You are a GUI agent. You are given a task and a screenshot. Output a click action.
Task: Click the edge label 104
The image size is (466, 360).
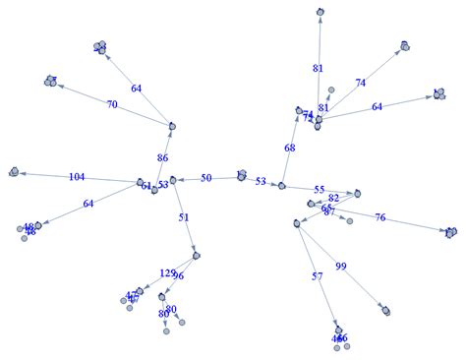tap(77, 177)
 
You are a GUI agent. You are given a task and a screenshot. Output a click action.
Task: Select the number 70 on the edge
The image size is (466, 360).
tap(112, 104)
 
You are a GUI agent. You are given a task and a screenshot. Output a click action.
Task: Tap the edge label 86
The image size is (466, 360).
tap(163, 156)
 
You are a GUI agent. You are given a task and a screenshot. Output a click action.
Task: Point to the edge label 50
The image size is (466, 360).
tap(206, 178)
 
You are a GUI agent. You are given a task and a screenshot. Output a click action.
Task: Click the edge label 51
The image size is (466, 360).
tap(184, 217)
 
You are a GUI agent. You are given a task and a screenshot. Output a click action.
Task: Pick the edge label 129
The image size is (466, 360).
tap(167, 272)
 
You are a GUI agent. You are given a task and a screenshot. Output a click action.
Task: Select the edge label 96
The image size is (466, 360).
tap(178, 276)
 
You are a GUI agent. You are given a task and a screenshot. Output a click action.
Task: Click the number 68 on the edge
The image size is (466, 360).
tap(289, 149)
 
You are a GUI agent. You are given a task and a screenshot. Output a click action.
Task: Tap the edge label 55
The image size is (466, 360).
tap(319, 189)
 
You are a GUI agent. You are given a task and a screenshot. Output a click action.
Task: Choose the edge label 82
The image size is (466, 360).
tap(333, 198)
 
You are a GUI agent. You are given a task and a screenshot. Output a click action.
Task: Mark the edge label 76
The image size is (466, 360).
tap(379, 217)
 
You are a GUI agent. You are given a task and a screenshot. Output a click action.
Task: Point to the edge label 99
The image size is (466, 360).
tap(341, 267)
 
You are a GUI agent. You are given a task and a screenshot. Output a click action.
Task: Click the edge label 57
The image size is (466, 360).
tap(317, 277)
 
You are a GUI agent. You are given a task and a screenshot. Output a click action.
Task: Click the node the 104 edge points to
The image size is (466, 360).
tap(15, 171)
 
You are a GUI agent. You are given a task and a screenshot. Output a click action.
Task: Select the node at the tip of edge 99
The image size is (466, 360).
tap(387, 309)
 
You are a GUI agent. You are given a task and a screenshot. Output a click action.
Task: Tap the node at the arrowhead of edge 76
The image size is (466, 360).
tap(450, 232)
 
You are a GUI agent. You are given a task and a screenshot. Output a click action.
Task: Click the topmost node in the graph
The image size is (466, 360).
tap(320, 12)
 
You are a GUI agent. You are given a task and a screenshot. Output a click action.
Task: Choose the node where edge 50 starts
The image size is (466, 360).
tap(241, 176)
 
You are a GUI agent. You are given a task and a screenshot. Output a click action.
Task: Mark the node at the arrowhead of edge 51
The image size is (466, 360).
tap(197, 256)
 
